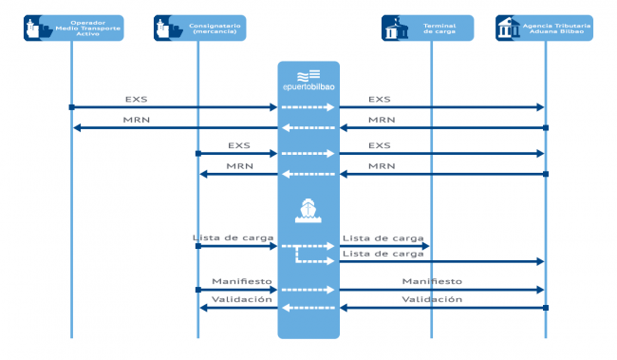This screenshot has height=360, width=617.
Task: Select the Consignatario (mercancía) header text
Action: click(215, 28)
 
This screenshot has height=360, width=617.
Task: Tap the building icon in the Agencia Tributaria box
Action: click(506, 28)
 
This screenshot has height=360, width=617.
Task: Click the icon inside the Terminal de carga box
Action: click(392, 28)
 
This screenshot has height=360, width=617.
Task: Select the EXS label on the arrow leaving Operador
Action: click(135, 98)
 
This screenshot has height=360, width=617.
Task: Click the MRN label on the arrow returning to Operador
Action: click(135, 119)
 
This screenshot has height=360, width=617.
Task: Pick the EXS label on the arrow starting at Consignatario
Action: click(239, 145)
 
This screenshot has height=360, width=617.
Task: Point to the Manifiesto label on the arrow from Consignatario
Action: click(242, 281)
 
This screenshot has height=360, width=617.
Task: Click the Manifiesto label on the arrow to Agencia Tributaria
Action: click(432, 281)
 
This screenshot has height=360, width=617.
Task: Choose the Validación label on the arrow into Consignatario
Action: click(242, 299)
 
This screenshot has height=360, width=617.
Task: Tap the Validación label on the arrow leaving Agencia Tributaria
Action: click(432, 299)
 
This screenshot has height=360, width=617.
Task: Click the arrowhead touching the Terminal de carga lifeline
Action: click(426, 246)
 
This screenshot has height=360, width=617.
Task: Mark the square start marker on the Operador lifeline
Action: click(71, 107)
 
